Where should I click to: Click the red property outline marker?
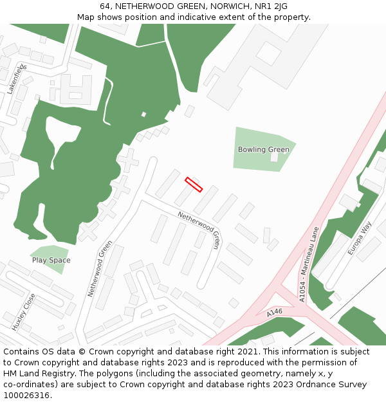[x=194, y=185]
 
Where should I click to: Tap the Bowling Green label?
[x=263, y=150]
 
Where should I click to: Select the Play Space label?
[x=51, y=260]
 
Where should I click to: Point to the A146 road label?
[x=275, y=313]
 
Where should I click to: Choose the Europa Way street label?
[x=360, y=238]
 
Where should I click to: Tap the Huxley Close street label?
[x=24, y=311]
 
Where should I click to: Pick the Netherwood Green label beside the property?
[x=199, y=230]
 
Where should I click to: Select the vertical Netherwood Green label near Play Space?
[x=100, y=269]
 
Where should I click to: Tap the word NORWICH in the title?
[x=223, y=6]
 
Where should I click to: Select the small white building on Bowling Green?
[x=275, y=156]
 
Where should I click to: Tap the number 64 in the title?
[x=105, y=6]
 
